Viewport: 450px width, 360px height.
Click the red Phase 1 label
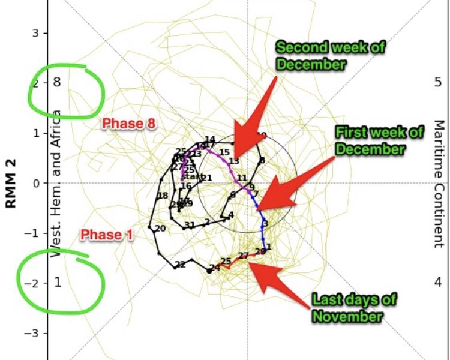(107, 235)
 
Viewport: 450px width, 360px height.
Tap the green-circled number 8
(57, 82)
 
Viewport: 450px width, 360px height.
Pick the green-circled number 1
(58, 282)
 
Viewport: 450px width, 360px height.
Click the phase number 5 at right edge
(437, 82)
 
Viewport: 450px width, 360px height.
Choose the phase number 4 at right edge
(437, 282)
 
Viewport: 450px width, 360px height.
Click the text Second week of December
(329, 56)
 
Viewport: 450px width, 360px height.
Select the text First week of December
(370, 140)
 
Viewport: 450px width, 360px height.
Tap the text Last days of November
(346, 307)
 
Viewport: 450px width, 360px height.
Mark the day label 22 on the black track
(180, 264)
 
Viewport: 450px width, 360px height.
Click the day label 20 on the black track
(160, 229)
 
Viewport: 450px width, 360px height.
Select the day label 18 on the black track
(162, 196)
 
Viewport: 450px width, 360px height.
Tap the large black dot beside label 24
(209, 271)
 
